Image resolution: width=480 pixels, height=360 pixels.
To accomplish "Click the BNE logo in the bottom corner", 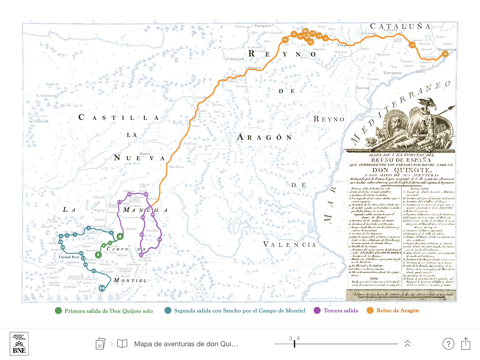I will point(17,343).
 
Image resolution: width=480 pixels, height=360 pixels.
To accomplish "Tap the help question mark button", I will point(447,343).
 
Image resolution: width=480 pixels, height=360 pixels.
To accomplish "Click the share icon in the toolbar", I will point(466,343).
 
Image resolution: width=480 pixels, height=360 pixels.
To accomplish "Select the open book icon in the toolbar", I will point(122,343).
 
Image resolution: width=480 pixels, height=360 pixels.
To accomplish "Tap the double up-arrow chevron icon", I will point(407,343).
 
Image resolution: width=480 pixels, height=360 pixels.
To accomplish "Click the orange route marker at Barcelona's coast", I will point(444,53).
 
